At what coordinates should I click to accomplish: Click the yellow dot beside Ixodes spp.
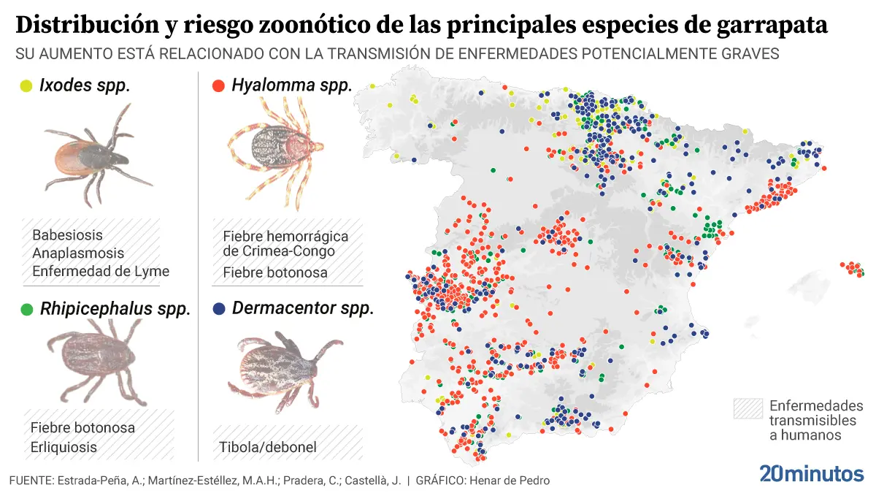[27, 86]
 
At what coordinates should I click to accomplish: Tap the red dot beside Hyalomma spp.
[218, 86]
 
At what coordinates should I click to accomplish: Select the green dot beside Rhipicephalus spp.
[27, 310]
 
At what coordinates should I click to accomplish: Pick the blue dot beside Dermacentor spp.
[218, 309]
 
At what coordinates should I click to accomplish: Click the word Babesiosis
[67, 235]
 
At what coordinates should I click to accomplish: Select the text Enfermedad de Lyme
[101, 271]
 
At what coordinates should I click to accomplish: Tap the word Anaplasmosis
[78, 253]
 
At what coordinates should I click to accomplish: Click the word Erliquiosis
[64, 447]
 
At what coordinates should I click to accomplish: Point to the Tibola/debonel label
[267, 447]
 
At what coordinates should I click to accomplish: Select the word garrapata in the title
[775, 26]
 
